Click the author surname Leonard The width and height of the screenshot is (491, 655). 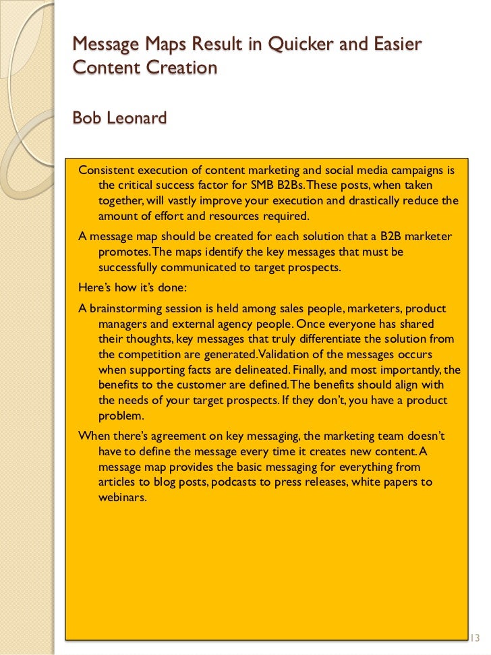(x=137, y=118)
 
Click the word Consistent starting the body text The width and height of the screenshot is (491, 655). (x=106, y=169)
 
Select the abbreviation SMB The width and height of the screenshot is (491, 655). (x=281, y=185)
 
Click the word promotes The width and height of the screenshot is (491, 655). (x=123, y=252)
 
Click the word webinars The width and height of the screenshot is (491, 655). (x=122, y=498)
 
